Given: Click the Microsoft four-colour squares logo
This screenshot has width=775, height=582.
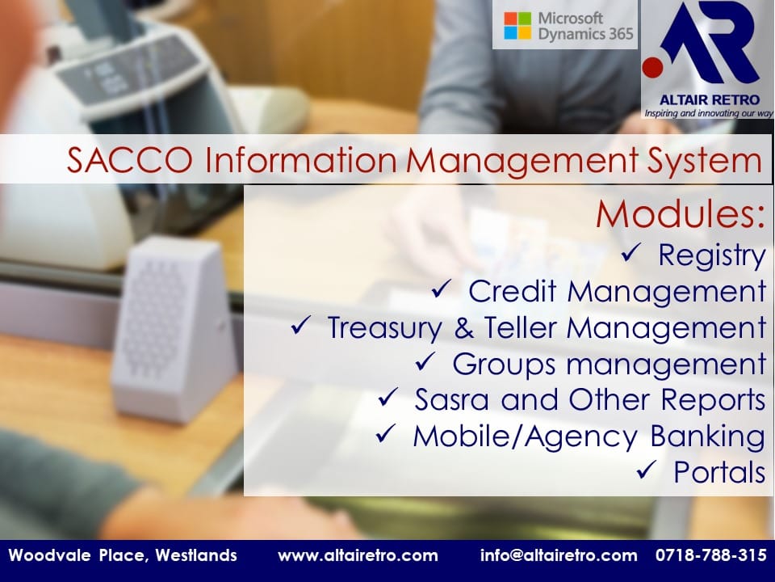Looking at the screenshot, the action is [x=517, y=26].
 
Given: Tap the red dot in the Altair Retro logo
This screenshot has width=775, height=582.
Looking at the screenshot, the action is [x=653, y=67].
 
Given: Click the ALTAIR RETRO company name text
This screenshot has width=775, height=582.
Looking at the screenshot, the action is [x=709, y=99].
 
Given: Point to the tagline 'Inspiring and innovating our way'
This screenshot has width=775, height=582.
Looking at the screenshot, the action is [x=708, y=113].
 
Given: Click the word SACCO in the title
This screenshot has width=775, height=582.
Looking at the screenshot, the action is [x=129, y=160].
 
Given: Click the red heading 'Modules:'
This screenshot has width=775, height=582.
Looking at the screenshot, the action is [x=680, y=213].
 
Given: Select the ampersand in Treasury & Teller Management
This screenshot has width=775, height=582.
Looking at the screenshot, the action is [x=463, y=328].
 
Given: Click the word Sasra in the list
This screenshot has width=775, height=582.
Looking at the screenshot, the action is [x=452, y=399].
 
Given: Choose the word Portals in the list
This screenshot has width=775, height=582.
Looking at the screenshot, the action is [x=719, y=472].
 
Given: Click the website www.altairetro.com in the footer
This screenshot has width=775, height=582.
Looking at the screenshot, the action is [x=358, y=555].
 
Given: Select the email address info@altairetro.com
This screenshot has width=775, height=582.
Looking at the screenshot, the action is [x=559, y=555].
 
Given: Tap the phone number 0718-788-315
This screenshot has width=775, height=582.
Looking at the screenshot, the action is [x=711, y=555].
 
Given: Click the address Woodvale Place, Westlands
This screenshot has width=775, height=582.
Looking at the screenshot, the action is [x=123, y=555].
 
